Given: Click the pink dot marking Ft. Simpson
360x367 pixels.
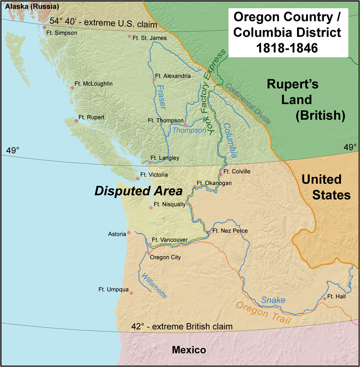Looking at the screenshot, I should tap(44, 27).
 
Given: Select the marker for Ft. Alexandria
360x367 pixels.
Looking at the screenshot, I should tap(154, 80).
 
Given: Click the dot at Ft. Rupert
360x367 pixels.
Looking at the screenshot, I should tap(76, 121).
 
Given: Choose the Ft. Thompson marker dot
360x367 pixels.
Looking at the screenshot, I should tap(185, 125).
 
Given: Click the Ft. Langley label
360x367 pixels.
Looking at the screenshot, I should tap(165, 158).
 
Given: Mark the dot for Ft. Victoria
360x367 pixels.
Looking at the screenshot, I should tap(138, 179).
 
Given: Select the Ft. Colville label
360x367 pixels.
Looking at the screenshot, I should tap(237, 171).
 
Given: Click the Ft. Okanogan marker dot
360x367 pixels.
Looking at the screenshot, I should tap(195, 187).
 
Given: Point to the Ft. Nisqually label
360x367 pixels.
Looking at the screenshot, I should tap(170, 204).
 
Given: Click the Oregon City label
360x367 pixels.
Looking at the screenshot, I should tap(165, 257).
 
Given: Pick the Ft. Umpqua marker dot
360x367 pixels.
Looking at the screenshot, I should tap(131, 293).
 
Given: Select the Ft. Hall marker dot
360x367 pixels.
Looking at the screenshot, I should tap(324, 299).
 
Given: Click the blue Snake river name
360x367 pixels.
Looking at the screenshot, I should tap(273, 300).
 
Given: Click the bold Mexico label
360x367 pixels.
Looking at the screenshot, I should tap(189, 350).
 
